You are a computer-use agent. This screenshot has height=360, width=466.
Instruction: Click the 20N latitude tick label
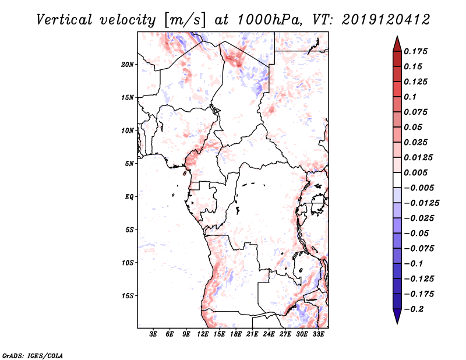(128, 65)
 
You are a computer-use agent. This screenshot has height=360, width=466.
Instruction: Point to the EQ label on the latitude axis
(129, 197)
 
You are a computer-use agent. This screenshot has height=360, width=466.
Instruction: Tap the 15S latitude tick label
(128, 296)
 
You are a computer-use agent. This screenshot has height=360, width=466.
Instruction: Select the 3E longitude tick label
(153, 334)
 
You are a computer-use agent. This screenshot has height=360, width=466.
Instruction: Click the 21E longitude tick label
(252, 334)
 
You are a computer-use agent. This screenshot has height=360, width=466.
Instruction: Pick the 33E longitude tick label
(318, 334)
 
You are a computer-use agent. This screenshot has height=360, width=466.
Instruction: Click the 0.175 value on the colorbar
(415, 51)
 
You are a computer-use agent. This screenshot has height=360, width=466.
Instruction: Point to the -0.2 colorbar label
(414, 309)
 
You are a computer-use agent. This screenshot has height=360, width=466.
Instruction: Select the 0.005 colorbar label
(415, 172)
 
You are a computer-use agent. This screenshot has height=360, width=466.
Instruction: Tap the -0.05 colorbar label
(416, 234)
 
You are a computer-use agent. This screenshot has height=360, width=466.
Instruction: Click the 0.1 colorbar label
(410, 97)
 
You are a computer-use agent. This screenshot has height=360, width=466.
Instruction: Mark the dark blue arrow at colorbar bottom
(397, 316)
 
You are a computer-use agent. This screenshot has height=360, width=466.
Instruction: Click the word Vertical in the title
(64, 20)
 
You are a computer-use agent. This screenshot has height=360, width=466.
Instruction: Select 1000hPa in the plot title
(269, 20)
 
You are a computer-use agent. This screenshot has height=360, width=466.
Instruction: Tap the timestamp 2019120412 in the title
(386, 20)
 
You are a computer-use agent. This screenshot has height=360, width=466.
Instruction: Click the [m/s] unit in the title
(184, 20)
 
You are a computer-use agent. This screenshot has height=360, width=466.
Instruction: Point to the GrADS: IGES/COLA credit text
(33, 355)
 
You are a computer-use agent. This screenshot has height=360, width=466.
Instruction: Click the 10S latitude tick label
(128, 263)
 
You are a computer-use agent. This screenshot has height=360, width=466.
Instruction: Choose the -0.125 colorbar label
(419, 279)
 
